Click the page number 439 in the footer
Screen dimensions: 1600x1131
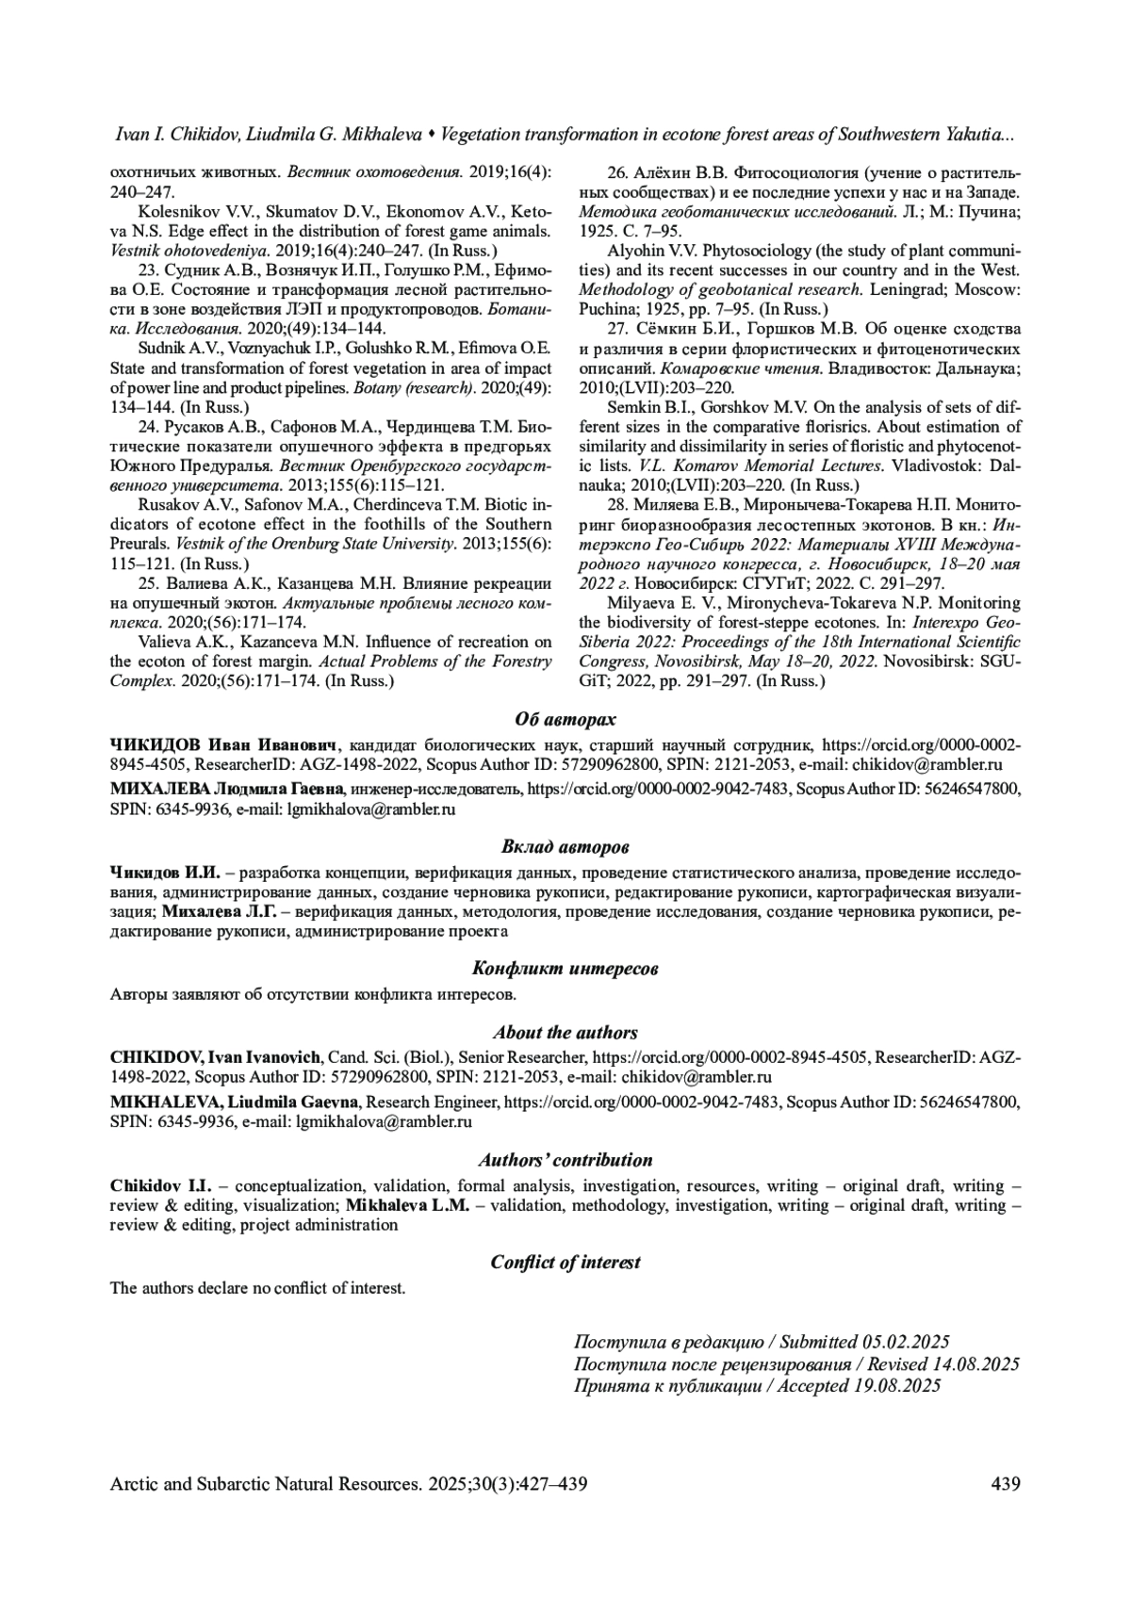click(x=1006, y=1485)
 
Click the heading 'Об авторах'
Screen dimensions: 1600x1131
click(x=565, y=720)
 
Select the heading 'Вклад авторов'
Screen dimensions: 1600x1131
click(x=565, y=847)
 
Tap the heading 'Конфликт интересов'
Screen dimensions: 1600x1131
click(x=565, y=969)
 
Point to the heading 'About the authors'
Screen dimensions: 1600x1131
click(x=565, y=1033)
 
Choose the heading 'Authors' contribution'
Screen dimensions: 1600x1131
click(x=565, y=1160)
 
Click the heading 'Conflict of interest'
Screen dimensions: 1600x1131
click(x=565, y=1263)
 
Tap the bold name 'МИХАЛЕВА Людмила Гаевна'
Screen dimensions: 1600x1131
click(x=229, y=787)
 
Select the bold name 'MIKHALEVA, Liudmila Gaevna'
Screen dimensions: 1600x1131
click(x=234, y=1101)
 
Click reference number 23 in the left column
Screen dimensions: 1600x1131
click(x=147, y=269)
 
